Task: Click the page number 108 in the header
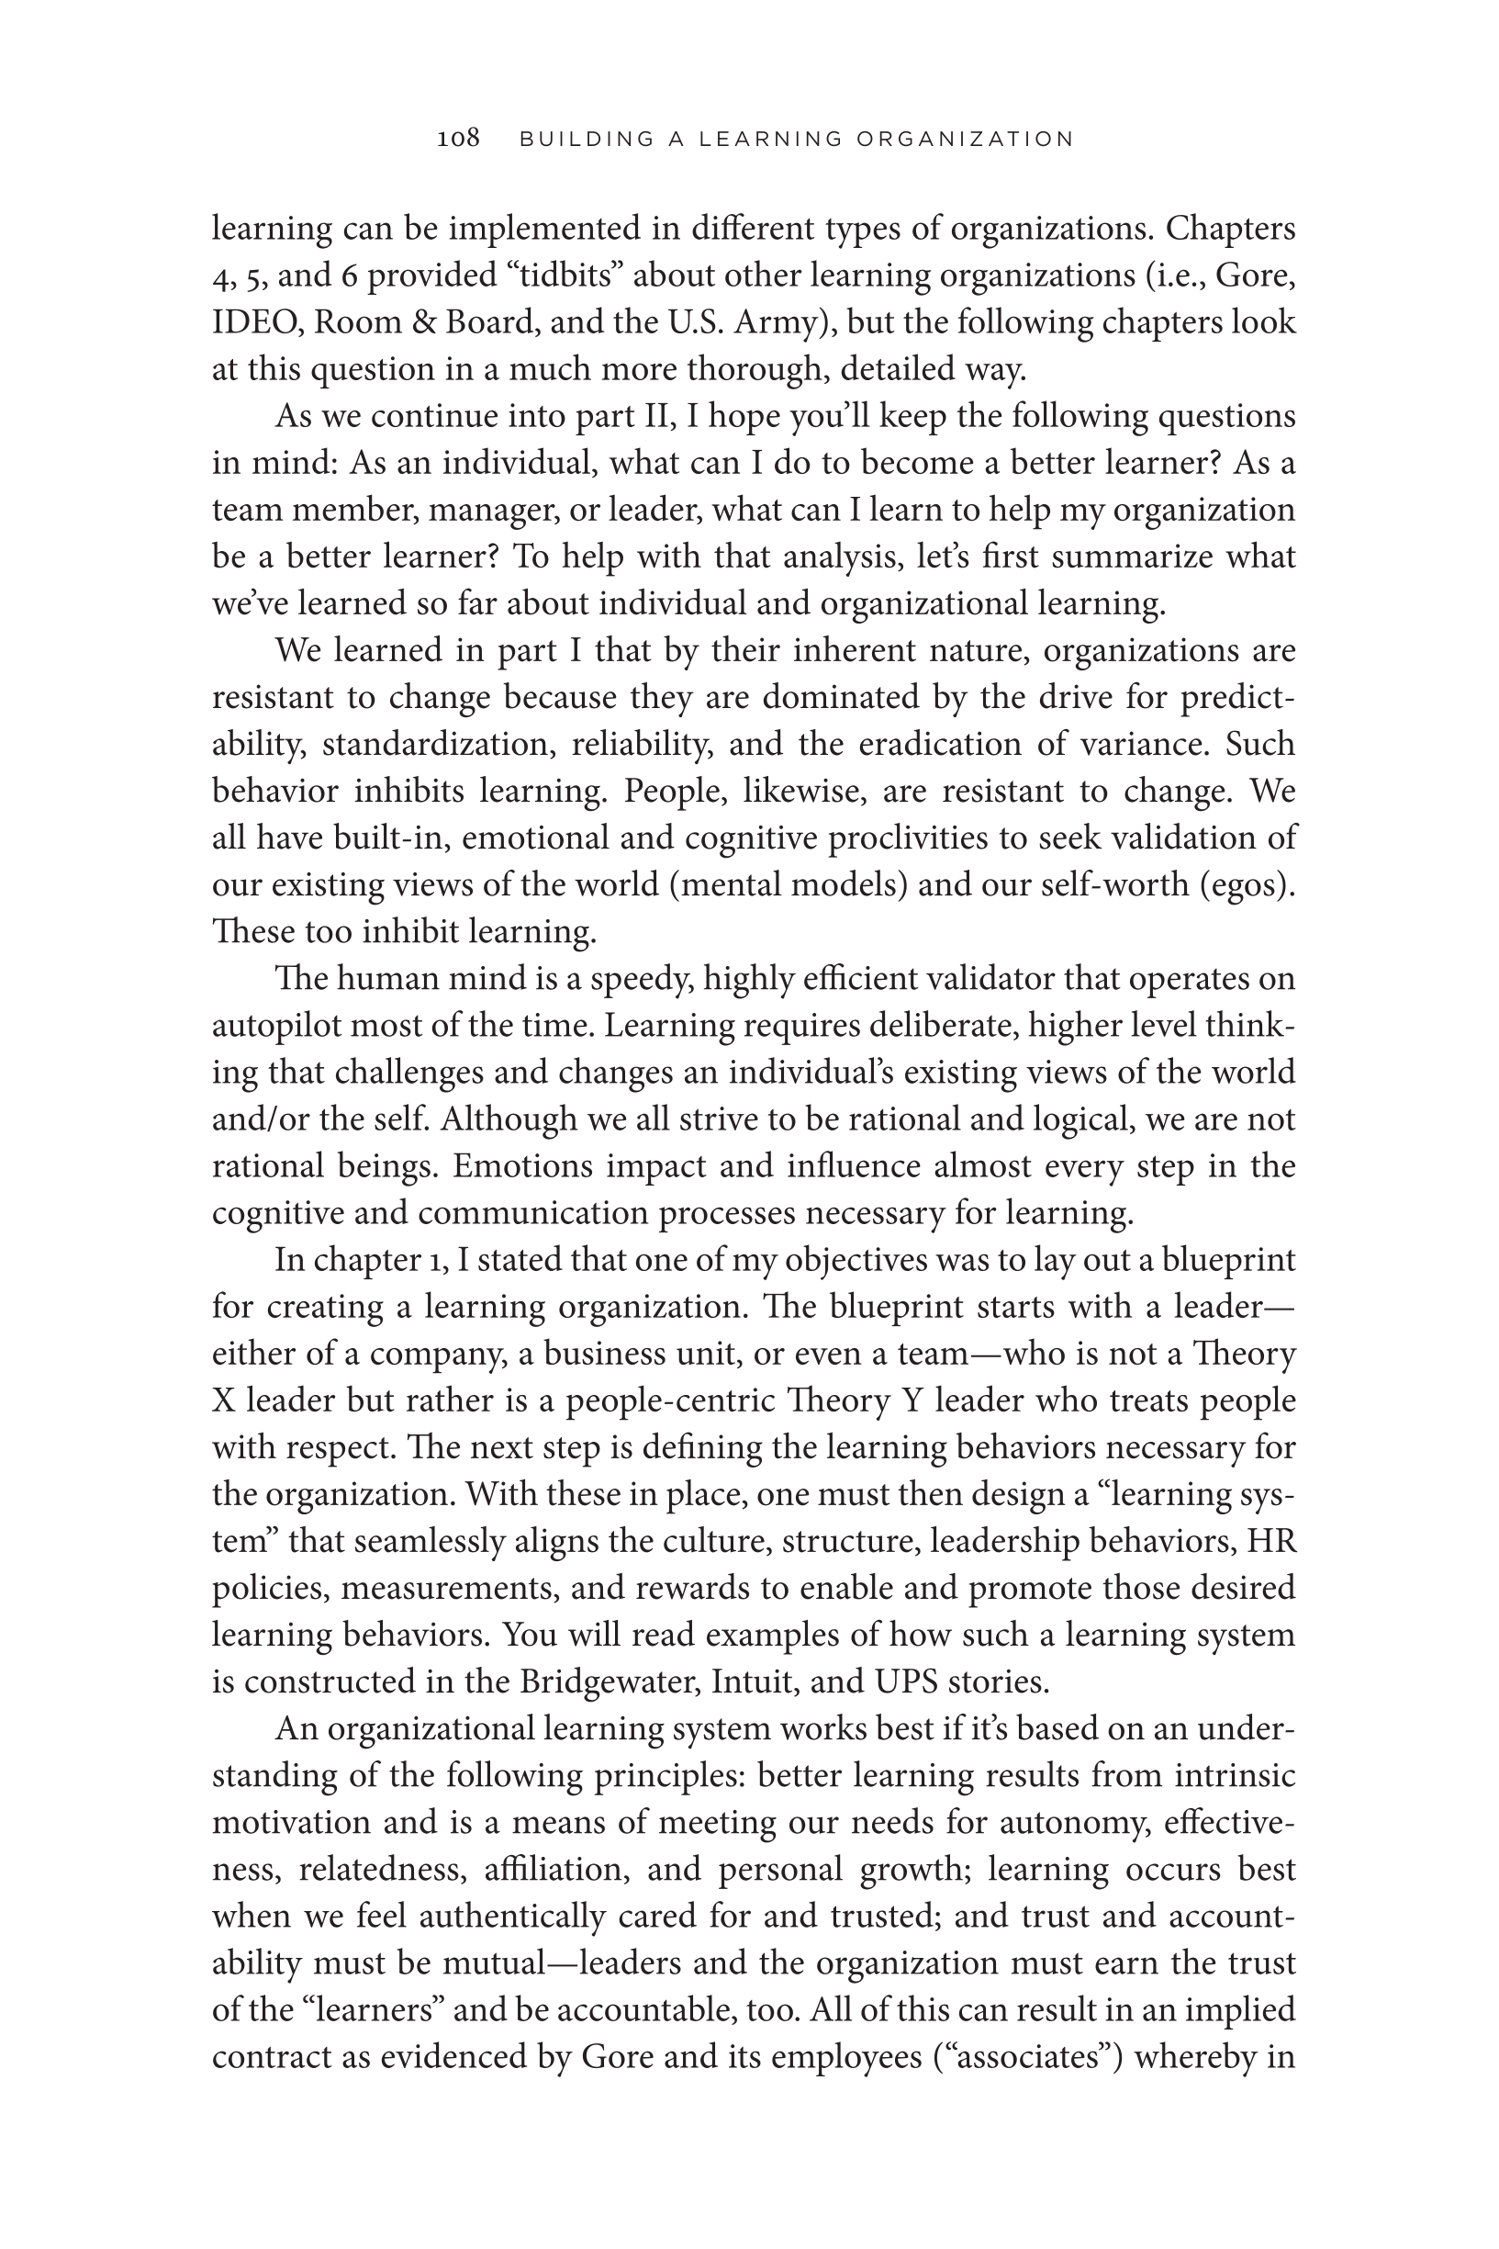click(458, 139)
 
